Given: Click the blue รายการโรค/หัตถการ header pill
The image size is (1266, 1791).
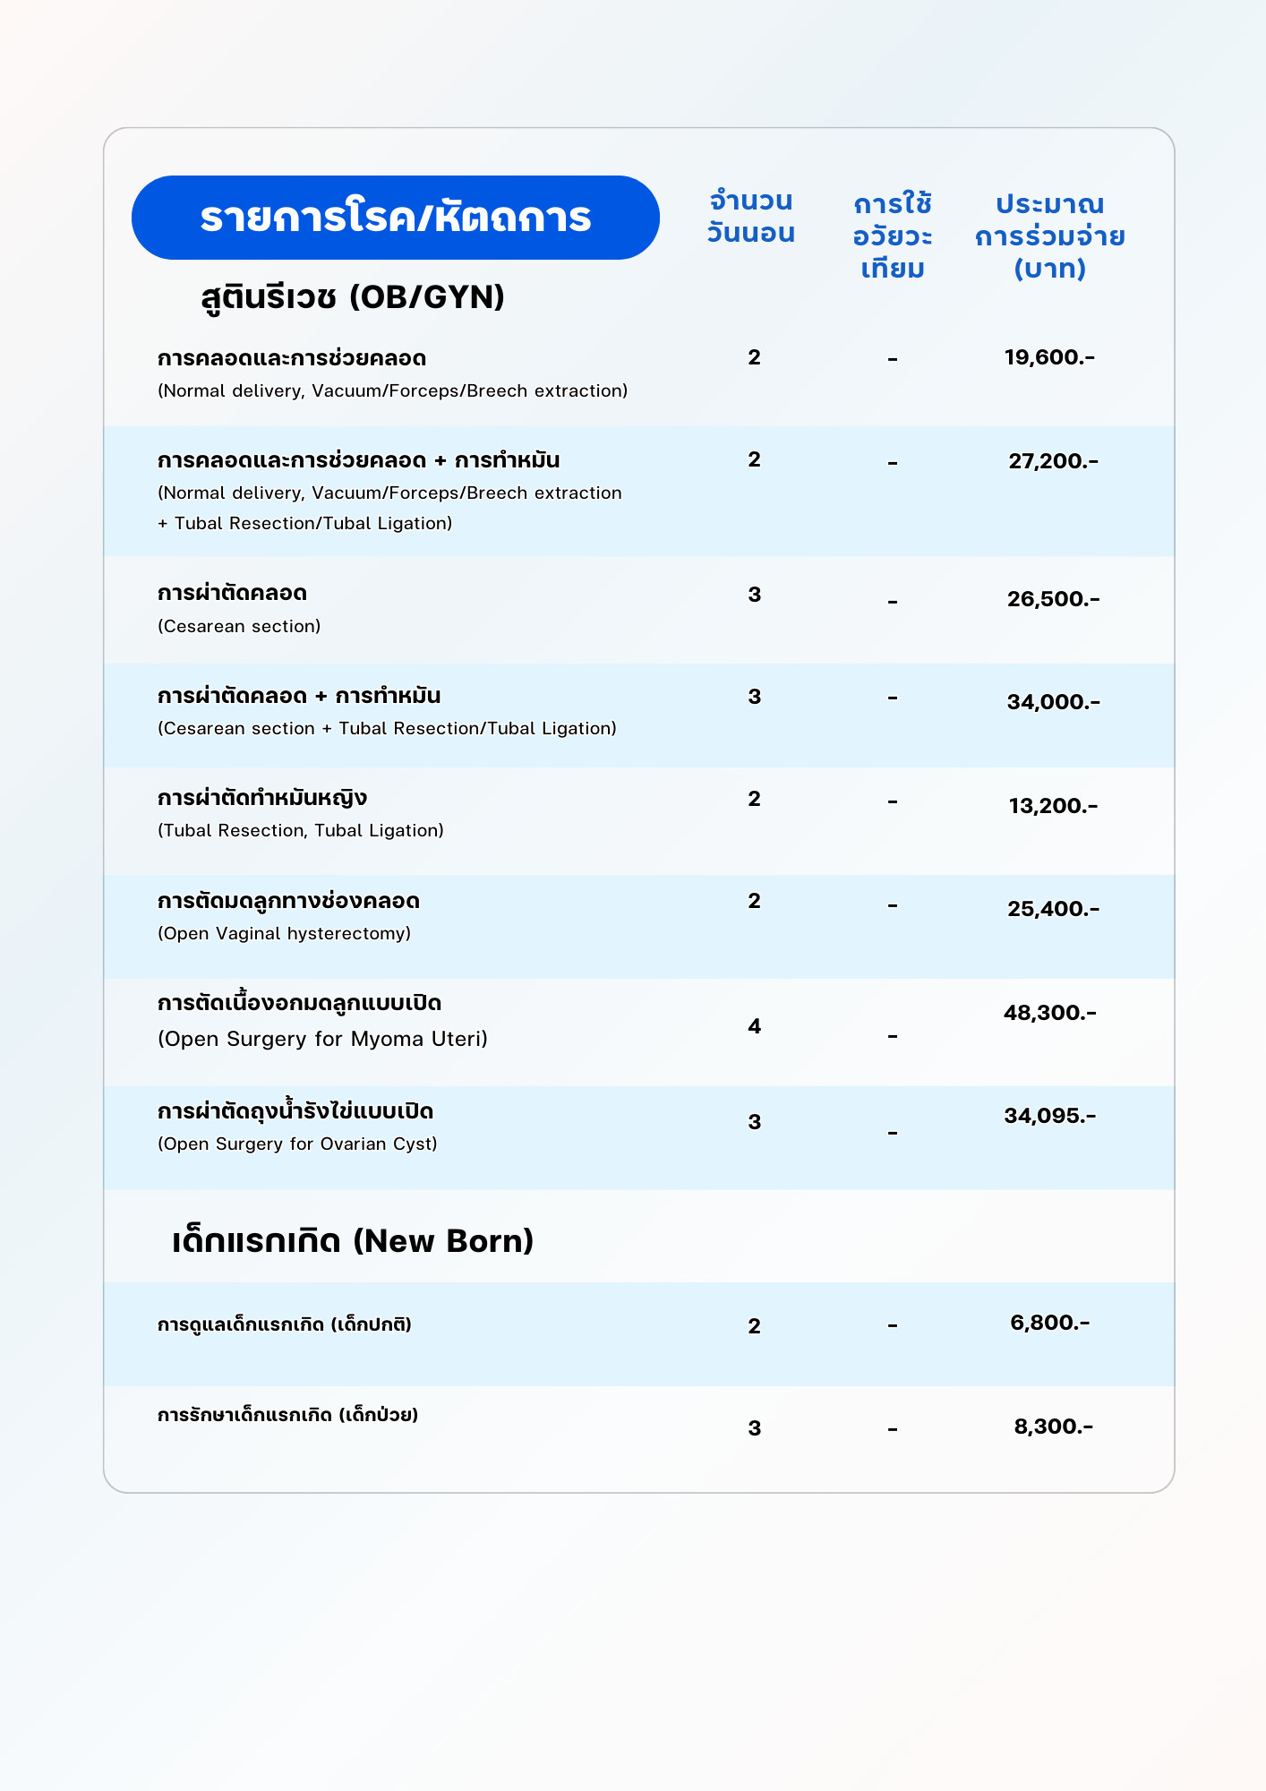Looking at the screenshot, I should point(395,218).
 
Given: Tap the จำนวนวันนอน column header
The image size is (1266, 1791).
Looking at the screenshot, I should point(750,217).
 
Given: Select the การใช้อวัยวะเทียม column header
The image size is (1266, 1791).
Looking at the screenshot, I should point(893,236).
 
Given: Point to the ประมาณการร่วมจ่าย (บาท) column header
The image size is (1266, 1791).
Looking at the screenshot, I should point(1049,236).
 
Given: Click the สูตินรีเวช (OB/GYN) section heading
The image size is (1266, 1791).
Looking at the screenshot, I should point(353,296).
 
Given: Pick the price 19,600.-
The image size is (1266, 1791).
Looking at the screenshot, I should point(1049,357).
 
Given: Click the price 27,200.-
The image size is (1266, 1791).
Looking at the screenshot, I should point(1053,461).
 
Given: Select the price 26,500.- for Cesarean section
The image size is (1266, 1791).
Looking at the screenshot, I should point(1053,599).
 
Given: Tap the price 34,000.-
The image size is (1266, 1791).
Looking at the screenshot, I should point(1053,702).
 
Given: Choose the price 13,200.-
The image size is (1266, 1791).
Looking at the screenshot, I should point(1053,806).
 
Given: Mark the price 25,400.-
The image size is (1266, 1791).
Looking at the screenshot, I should point(1053,909).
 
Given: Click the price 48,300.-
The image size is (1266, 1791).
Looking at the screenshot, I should point(1049,1013).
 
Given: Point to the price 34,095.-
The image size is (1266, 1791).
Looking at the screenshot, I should point(1049,1116).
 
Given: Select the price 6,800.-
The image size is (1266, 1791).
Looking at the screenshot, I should point(1049,1323).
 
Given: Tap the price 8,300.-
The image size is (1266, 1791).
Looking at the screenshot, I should point(1053,1427).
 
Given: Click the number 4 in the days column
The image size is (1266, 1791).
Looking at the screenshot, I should point(754,1026).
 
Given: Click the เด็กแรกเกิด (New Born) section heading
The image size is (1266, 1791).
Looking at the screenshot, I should point(353,1241).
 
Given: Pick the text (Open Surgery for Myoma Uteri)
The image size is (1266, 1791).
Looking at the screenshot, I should point(322,1039).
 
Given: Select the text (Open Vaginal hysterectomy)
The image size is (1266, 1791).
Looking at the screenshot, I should point(284,933).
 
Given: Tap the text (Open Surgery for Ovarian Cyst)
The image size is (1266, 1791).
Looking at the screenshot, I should point(297,1144).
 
